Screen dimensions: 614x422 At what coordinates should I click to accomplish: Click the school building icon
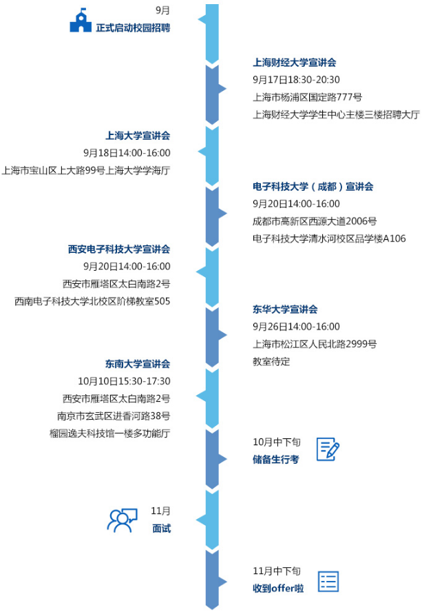point(81,21)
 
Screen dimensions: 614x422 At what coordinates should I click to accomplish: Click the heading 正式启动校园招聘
point(133,28)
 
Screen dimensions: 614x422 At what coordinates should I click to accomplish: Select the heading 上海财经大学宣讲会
point(294,63)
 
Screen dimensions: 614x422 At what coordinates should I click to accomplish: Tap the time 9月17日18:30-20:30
point(296,80)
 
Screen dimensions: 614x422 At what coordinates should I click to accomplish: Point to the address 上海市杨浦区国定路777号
point(307,97)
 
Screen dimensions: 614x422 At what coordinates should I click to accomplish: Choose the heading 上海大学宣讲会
point(137,136)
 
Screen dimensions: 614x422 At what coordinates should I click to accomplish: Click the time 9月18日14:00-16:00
point(127,153)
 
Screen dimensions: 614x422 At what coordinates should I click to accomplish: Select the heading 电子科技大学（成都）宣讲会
point(313,187)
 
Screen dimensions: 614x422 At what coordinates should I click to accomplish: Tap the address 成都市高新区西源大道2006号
point(315,221)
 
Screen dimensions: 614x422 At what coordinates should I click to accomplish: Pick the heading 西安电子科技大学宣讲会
point(118,249)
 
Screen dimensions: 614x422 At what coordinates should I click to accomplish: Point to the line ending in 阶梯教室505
point(92,301)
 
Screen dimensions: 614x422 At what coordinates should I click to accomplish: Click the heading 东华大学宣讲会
point(285,309)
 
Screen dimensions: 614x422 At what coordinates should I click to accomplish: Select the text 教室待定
point(271,361)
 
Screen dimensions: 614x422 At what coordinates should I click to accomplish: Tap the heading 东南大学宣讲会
point(137,364)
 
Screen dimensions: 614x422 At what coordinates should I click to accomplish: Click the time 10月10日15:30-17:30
point(124,381)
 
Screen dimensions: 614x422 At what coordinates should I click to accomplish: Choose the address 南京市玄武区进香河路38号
point(114,416)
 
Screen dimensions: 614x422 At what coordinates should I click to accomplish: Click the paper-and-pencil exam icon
point(328,449)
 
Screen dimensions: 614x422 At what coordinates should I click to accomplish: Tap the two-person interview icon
point(122,520)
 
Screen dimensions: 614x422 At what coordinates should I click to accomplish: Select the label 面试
point(161,529)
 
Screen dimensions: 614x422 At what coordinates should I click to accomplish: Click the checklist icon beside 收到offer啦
point(328,581)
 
